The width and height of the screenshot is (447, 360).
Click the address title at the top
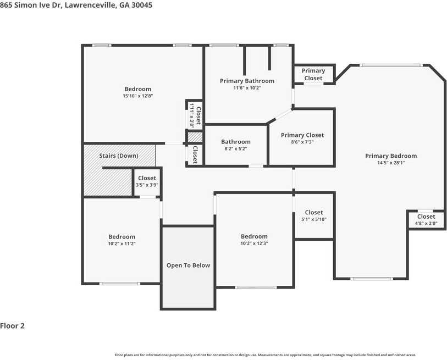point(76,5)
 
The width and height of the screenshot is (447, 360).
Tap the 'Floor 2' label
point(13,326)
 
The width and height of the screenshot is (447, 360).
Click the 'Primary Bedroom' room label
point(391,156)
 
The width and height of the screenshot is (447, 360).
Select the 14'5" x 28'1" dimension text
point(391,163)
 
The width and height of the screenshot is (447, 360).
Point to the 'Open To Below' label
point(188,265)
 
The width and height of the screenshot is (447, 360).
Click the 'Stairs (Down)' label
point(118,156)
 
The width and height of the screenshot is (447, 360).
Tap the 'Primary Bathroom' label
point(247,81)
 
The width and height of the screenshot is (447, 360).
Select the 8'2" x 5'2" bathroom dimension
point(236,149)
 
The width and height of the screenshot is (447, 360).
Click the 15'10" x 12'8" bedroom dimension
point(137,96)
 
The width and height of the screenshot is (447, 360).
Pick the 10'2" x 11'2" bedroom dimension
point(122,243)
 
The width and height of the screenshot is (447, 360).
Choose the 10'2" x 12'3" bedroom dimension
point(254,243)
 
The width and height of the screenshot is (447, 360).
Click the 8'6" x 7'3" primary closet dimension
point(302,142)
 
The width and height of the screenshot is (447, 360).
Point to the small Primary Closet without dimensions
point(313,74)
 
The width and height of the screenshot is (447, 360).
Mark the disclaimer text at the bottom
point(265,355)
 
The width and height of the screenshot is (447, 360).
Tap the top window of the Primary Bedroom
point(391,65)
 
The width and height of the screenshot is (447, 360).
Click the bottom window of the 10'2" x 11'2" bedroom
point(119,284)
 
